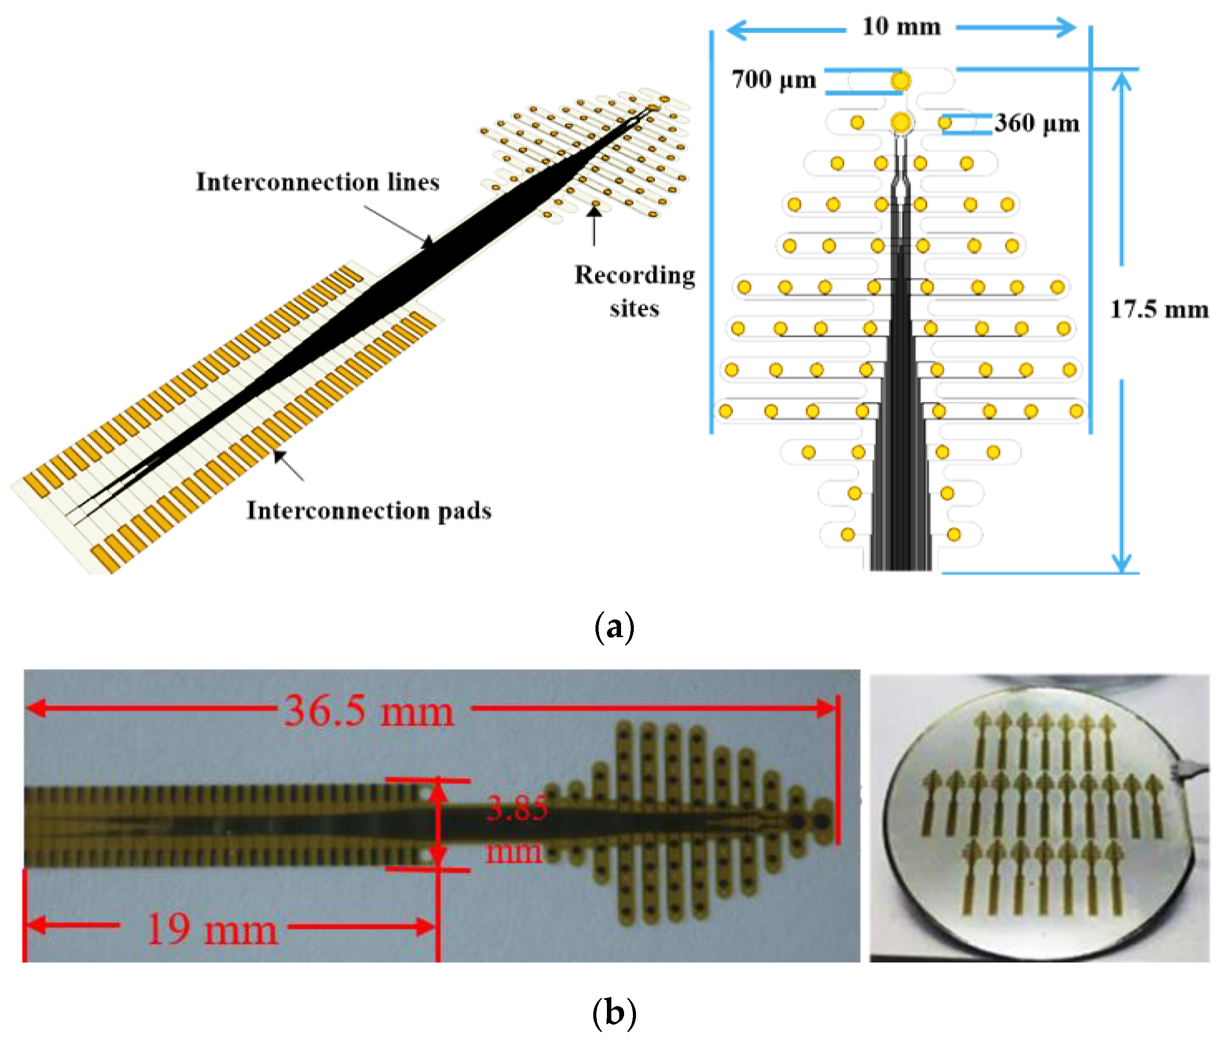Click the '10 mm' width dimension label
pyautogui.click(x=900, y=26)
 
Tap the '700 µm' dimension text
pyautogui.click(x=773, y=80)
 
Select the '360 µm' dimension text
pyautogui.click(x=1036, y=123)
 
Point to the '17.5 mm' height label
pyautogui.click(x=1158, y=309)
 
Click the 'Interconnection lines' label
pyautogui.click(x=317, y=181)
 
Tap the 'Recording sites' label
pyautogui.click(x=634, y=291)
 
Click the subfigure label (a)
pyautogui.click(x=614, y=626)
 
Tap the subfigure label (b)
pyautogui.click(x=614, y=1013)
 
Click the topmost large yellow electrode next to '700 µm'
pyautogui.click(x=900, y=81)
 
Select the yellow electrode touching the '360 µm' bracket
pyautogui.click(x=944, y=123)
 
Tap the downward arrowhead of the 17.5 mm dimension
pyautogui.click(x=1121, y=563)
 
